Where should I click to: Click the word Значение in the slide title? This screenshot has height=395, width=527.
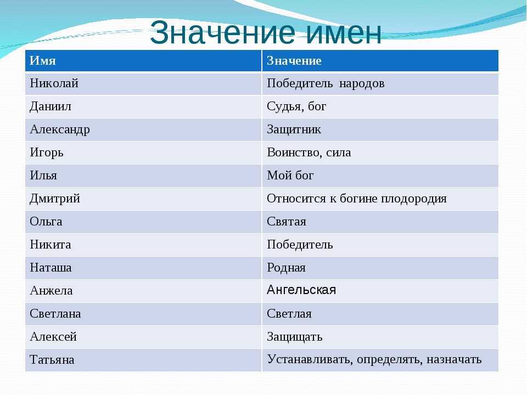click(x=222, y=32)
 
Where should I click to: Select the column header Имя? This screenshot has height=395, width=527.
click(x=43, y=61)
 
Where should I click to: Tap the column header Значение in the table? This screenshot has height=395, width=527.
click(x=294, y=61)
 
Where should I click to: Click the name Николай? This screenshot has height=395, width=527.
click(x=54, y=83)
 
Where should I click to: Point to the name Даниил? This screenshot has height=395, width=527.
click(x=51, y=107)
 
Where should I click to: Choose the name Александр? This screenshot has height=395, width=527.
click(x=60, y=130)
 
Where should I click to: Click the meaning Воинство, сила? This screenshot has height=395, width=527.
click(x=309, y=153)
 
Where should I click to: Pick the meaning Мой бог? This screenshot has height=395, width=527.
click(x=290, y=176)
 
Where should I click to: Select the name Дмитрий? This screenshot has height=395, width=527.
click(x=55, y=199)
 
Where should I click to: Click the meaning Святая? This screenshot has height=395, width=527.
click(x=287, y=222)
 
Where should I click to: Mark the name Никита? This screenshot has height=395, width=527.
click(x=51, y=245)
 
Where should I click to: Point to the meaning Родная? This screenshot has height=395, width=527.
click(x=286, y=268)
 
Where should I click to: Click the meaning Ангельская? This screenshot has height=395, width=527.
click(x=301, y=290)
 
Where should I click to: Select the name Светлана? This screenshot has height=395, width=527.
click(x=55, y=314)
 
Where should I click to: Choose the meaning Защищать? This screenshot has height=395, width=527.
click(x=294, y=337)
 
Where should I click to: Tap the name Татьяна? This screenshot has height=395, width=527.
click(x=52, y=360)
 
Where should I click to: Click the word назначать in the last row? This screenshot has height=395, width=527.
click(x=454, y=360)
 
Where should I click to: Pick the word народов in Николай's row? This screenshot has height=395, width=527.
click(x=362, y=83)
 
